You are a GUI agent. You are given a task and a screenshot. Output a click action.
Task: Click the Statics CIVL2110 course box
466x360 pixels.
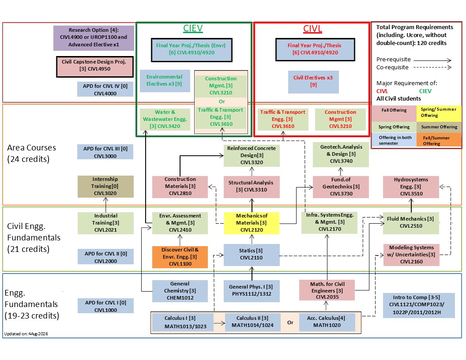(252, 255)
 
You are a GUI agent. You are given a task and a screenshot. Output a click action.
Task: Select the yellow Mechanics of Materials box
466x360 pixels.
(252, 223)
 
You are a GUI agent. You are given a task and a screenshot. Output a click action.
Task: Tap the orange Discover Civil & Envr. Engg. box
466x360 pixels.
(180, 257)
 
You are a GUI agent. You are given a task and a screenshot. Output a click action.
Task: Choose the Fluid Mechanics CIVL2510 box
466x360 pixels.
(411, 223)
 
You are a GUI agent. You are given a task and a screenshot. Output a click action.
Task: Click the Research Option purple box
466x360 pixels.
(94, 38)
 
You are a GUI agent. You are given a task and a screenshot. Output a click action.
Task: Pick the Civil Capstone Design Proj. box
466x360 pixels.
(95, 67)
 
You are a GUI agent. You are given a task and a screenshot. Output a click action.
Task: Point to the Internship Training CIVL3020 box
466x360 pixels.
(105, 187)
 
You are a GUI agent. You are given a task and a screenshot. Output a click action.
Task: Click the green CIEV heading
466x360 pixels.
(193, 28)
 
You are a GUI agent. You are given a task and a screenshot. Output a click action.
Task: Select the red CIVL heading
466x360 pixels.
(312, 29)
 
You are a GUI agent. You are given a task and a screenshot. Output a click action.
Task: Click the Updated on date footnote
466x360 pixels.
(26, 334)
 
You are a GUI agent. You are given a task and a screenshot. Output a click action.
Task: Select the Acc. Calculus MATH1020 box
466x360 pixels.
(327, 322)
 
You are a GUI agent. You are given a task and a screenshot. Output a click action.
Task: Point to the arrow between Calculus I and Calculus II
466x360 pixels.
(219, 323)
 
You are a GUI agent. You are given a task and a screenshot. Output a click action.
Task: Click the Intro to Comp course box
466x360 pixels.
(419, 305)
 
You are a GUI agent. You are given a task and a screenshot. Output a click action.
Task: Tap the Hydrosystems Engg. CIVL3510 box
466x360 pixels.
(411, 187)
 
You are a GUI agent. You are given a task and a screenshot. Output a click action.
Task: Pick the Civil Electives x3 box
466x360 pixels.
(313, 82)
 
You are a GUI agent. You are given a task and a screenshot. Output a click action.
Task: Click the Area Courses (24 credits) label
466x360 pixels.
(29, 153)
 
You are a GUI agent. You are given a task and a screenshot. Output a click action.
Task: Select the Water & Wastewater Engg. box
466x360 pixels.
(165, 119)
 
